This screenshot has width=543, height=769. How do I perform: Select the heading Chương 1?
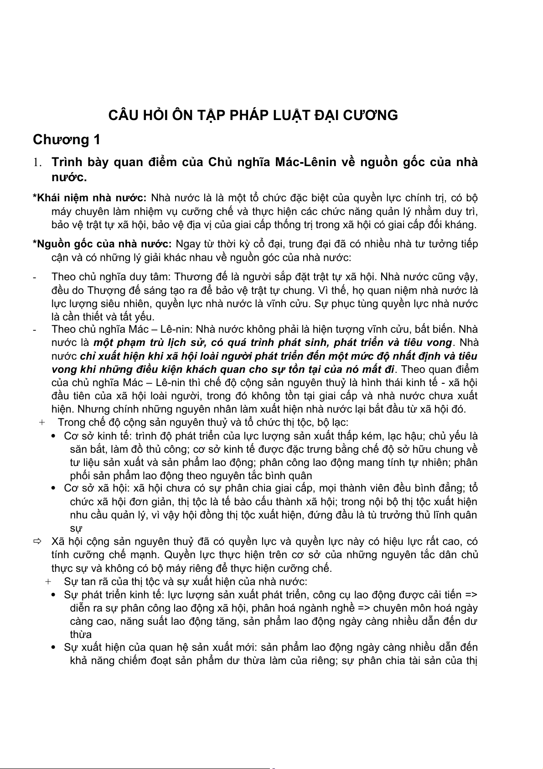point(67,140)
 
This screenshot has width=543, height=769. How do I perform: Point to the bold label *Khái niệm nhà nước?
point(89,198)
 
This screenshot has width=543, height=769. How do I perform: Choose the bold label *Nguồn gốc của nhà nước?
point(102,244)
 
